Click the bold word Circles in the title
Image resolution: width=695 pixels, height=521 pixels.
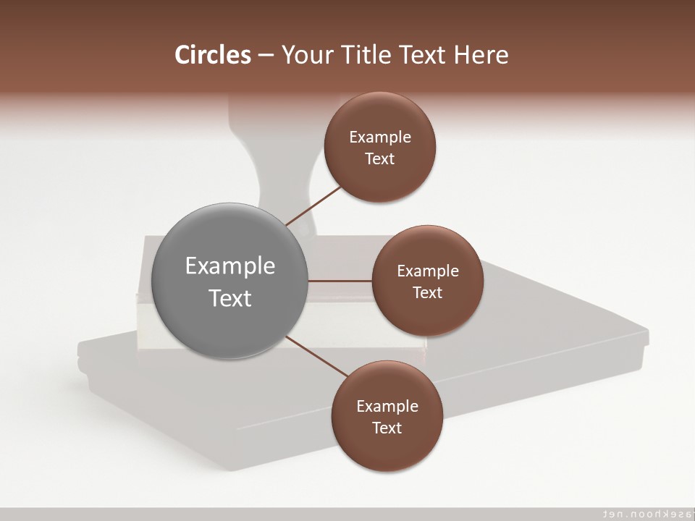pos(212,55)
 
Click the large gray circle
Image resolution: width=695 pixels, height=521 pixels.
pos(230,281)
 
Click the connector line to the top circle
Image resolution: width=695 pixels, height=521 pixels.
pos(314,205)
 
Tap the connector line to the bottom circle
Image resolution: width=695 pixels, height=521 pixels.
pos(316,355)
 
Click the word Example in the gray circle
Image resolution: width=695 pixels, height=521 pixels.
pos(230,266)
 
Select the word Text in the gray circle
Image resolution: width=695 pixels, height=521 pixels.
pos(230,298)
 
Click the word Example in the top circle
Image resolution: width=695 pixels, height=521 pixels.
pos(380,137)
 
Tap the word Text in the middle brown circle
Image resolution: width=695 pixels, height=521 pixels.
pos(427,293)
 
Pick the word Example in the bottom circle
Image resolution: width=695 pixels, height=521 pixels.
pos(387,407)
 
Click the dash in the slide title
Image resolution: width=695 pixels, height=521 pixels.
pos(266,55)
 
